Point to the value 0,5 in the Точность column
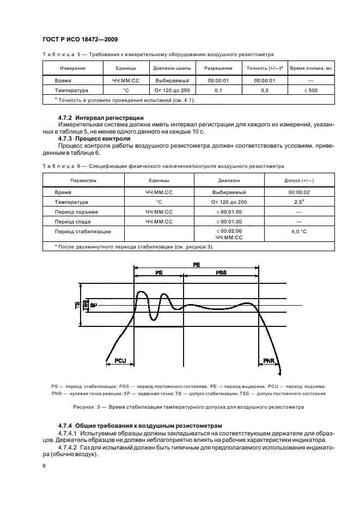(264, 90)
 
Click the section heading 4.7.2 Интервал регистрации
(101, 118)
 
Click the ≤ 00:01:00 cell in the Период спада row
(228, 222)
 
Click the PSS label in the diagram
(221, 272)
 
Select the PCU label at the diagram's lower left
(120, 361)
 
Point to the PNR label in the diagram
(269, 361)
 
